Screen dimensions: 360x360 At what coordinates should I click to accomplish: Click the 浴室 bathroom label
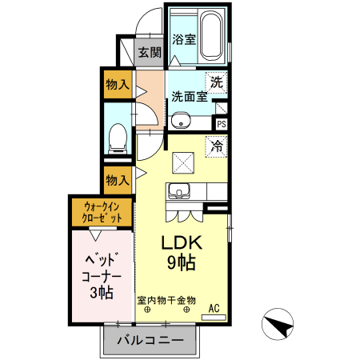[184, 38]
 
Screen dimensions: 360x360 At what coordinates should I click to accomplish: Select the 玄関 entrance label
[150, 53]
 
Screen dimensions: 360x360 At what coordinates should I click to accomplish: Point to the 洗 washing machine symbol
[216, 81]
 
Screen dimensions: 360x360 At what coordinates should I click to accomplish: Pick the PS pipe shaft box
[221, 124]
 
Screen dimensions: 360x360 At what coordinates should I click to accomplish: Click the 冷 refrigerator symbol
[217, 146]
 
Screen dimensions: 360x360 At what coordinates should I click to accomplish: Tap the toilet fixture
[117, 140]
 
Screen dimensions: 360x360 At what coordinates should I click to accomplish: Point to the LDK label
[183, 242]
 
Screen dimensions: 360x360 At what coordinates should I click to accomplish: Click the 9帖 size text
[183, 262]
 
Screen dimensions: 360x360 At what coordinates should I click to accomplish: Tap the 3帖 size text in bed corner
[102, 292]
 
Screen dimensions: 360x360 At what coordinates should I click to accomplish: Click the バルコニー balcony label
[150, 340]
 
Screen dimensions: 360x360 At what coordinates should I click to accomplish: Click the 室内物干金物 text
[166, 300]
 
